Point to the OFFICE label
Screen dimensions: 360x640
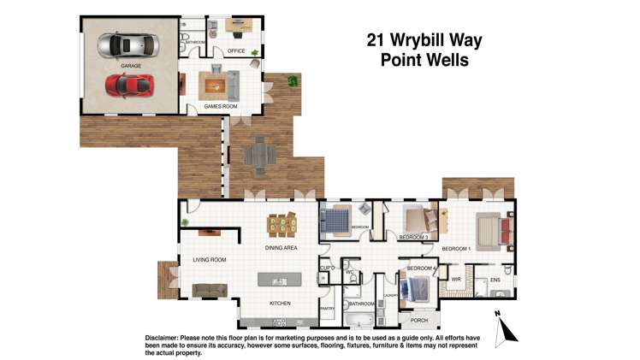click(236, 51)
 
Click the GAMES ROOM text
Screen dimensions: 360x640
click(220, 106)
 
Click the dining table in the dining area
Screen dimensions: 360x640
click(280, 225)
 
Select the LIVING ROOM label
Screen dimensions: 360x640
click(210, 260)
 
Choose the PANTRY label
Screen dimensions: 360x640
click(326, 308)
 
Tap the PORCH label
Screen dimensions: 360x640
click(418, 321)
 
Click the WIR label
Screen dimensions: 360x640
click(456, 280)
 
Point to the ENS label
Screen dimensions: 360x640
click(495, 280)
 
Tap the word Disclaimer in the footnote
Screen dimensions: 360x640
click(167, 337)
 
